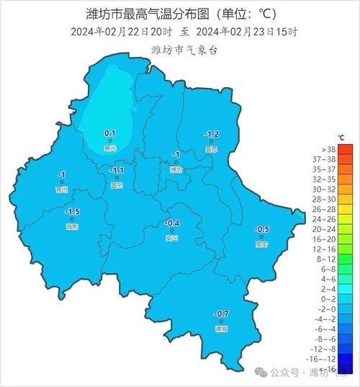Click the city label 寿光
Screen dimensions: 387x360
point(110,147)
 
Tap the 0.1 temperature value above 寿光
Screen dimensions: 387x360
point(110,133)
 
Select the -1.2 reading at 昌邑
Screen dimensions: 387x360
point(211,134)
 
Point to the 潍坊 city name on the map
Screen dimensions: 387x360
point(175,169)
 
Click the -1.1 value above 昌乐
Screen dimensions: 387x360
point(116,171)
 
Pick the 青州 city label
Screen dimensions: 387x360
point(61,190)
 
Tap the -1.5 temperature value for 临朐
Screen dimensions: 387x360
point(72,212)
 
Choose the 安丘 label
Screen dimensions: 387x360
point(172,238)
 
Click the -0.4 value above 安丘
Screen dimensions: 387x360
point(172,223)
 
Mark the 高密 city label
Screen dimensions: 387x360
point(261,244)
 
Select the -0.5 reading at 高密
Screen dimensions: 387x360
point(261,230)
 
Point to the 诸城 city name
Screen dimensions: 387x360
point(221,329)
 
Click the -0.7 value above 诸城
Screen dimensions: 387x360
point(221,314)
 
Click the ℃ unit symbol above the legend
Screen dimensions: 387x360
point(341,137)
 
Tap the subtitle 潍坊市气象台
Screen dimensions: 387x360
point(180,49)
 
